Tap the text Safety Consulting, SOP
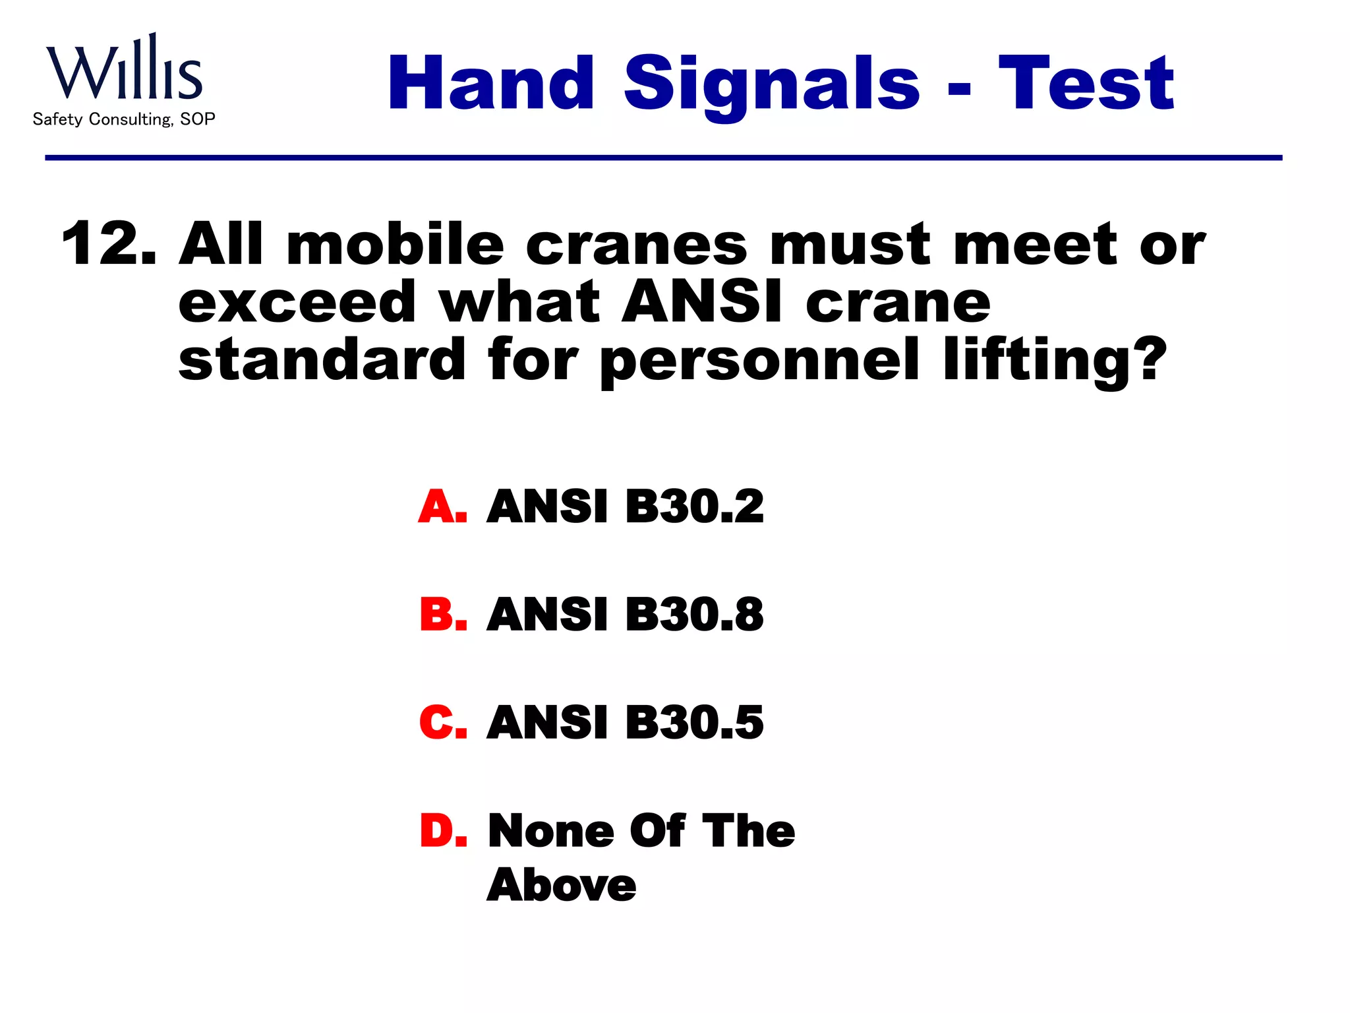(124, 119)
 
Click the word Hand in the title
(491, 84)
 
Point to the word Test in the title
(1086, 84)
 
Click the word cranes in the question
(636, 245)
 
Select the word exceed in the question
(297, 302)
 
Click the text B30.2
(694, 506)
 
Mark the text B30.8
(694, 615)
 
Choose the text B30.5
(694, 722)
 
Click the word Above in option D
(562, 885)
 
